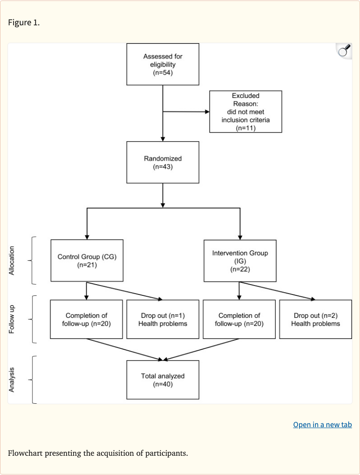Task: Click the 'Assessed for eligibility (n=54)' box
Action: tap(163, 64)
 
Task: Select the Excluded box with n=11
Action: tap(246, 112)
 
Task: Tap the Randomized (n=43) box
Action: tap(163, 162)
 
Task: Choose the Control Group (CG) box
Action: tap(87, 261)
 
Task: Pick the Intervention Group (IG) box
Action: tap(240, 261)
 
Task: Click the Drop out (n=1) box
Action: tap(163, 319)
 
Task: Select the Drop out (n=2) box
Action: tap(315, 319)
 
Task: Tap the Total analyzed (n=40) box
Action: tap(163, 380)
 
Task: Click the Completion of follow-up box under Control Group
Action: tap(87, 319)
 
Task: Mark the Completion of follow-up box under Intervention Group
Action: tap(239, 319)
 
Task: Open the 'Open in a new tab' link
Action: tap(322, 425)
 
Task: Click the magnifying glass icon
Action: tap(344, 51)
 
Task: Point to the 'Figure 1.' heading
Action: tap(24, 23)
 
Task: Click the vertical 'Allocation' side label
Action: tap(12, 261)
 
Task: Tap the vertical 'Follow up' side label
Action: tap(12, 319)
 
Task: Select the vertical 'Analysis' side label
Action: tap(12, 379)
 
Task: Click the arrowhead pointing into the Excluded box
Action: tap(207, 112)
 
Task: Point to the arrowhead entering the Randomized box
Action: tap(163, 139)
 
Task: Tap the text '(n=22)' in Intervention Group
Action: tap(240, 269)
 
